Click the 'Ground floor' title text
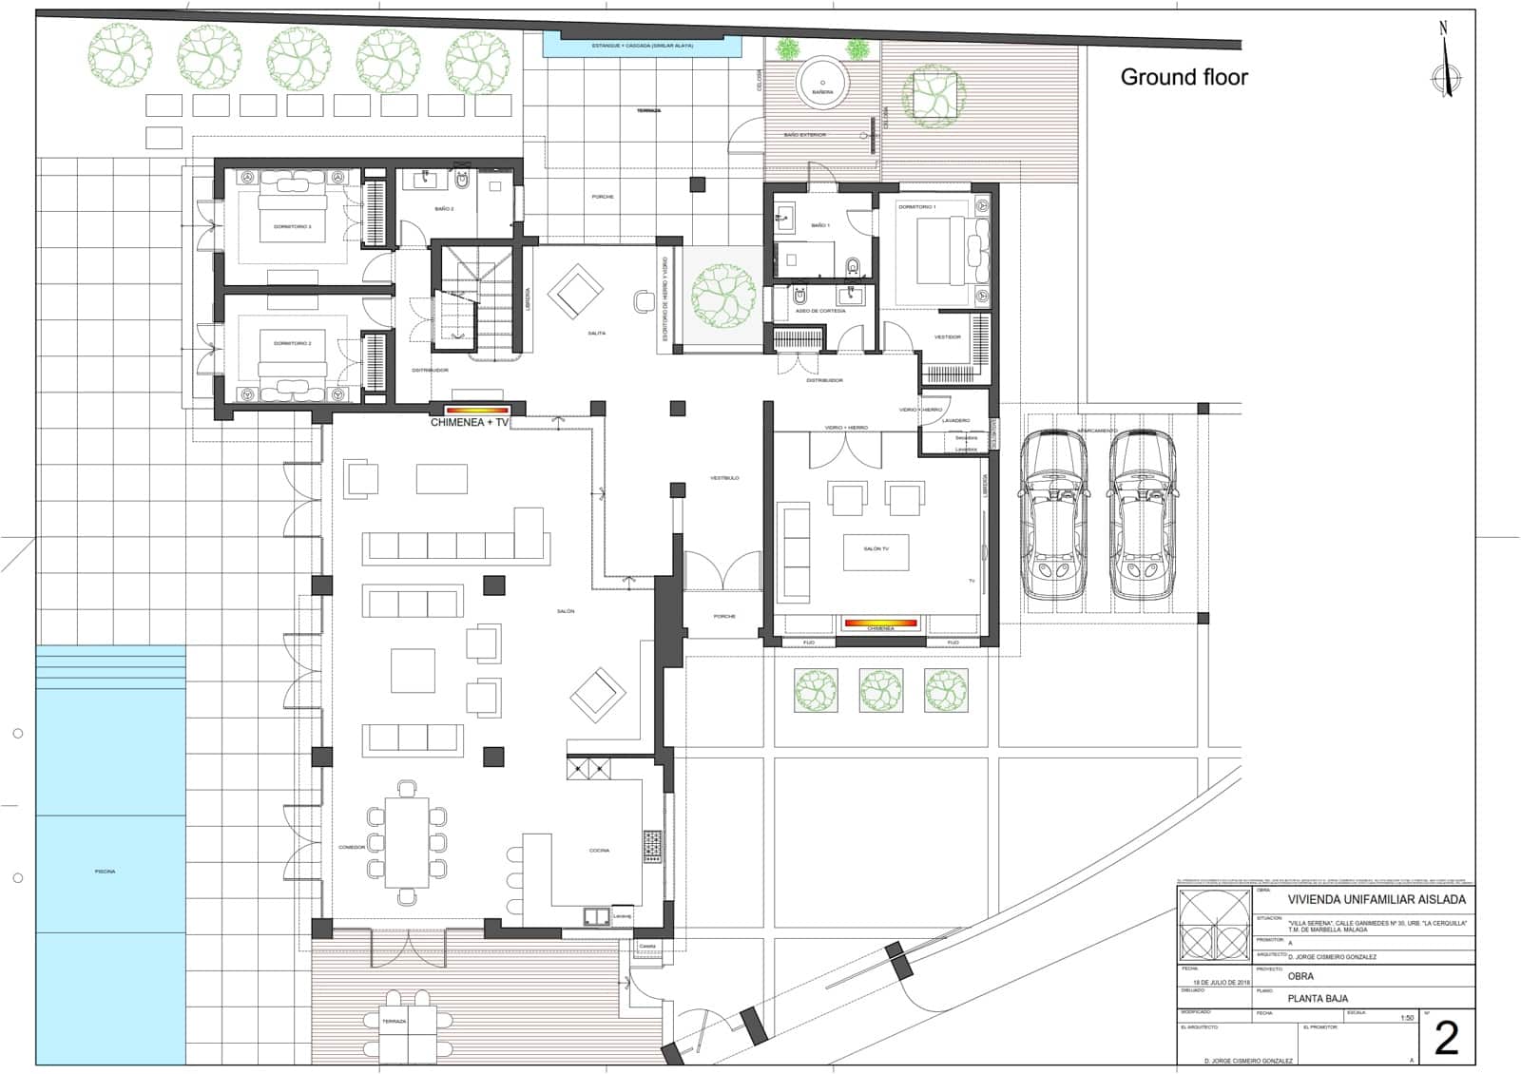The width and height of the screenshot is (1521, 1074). click(1184, 78)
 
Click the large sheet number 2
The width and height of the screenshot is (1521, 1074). click(1446, 1039)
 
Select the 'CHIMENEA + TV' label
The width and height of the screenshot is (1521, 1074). click(470, 422)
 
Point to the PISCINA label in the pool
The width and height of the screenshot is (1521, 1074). click(106, 872)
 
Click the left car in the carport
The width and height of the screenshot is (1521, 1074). click(1054, 515)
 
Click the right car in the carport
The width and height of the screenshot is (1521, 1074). click(1142, 515)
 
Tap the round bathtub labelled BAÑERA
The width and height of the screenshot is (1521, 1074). click(822, 80)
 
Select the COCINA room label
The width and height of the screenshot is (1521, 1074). click(599, 851)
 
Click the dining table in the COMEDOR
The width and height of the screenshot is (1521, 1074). click(407, 842)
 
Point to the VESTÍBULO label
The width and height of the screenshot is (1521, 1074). click(724, 478)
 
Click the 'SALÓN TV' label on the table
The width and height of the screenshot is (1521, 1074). click(876, 549)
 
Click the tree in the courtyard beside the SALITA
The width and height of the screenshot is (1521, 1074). click(723, 293)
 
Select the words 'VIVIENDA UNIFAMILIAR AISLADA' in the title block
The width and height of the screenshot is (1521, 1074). click(1376, 899)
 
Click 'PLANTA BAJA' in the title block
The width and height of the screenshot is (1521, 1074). click(1318, 999)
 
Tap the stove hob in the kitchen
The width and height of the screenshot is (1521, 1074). click(652, 846)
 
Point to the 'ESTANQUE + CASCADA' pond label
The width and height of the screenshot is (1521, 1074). click(643, 46)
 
